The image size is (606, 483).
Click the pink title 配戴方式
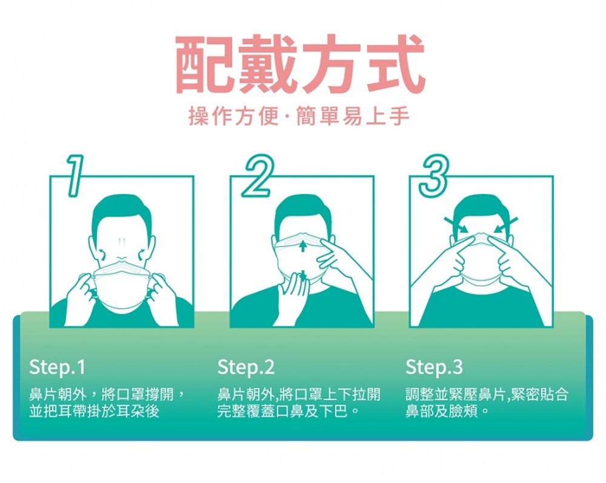click(x=301, y=64)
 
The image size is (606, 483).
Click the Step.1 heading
click(x=57, y=367)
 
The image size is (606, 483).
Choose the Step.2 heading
click(x=246, y=367)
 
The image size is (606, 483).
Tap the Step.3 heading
click(x=434, y=367)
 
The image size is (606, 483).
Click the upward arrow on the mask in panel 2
click(x=302, y=246)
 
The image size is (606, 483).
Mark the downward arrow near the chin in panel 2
click(x=304, y=276)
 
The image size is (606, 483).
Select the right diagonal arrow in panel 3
click(x=505, y=225)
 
